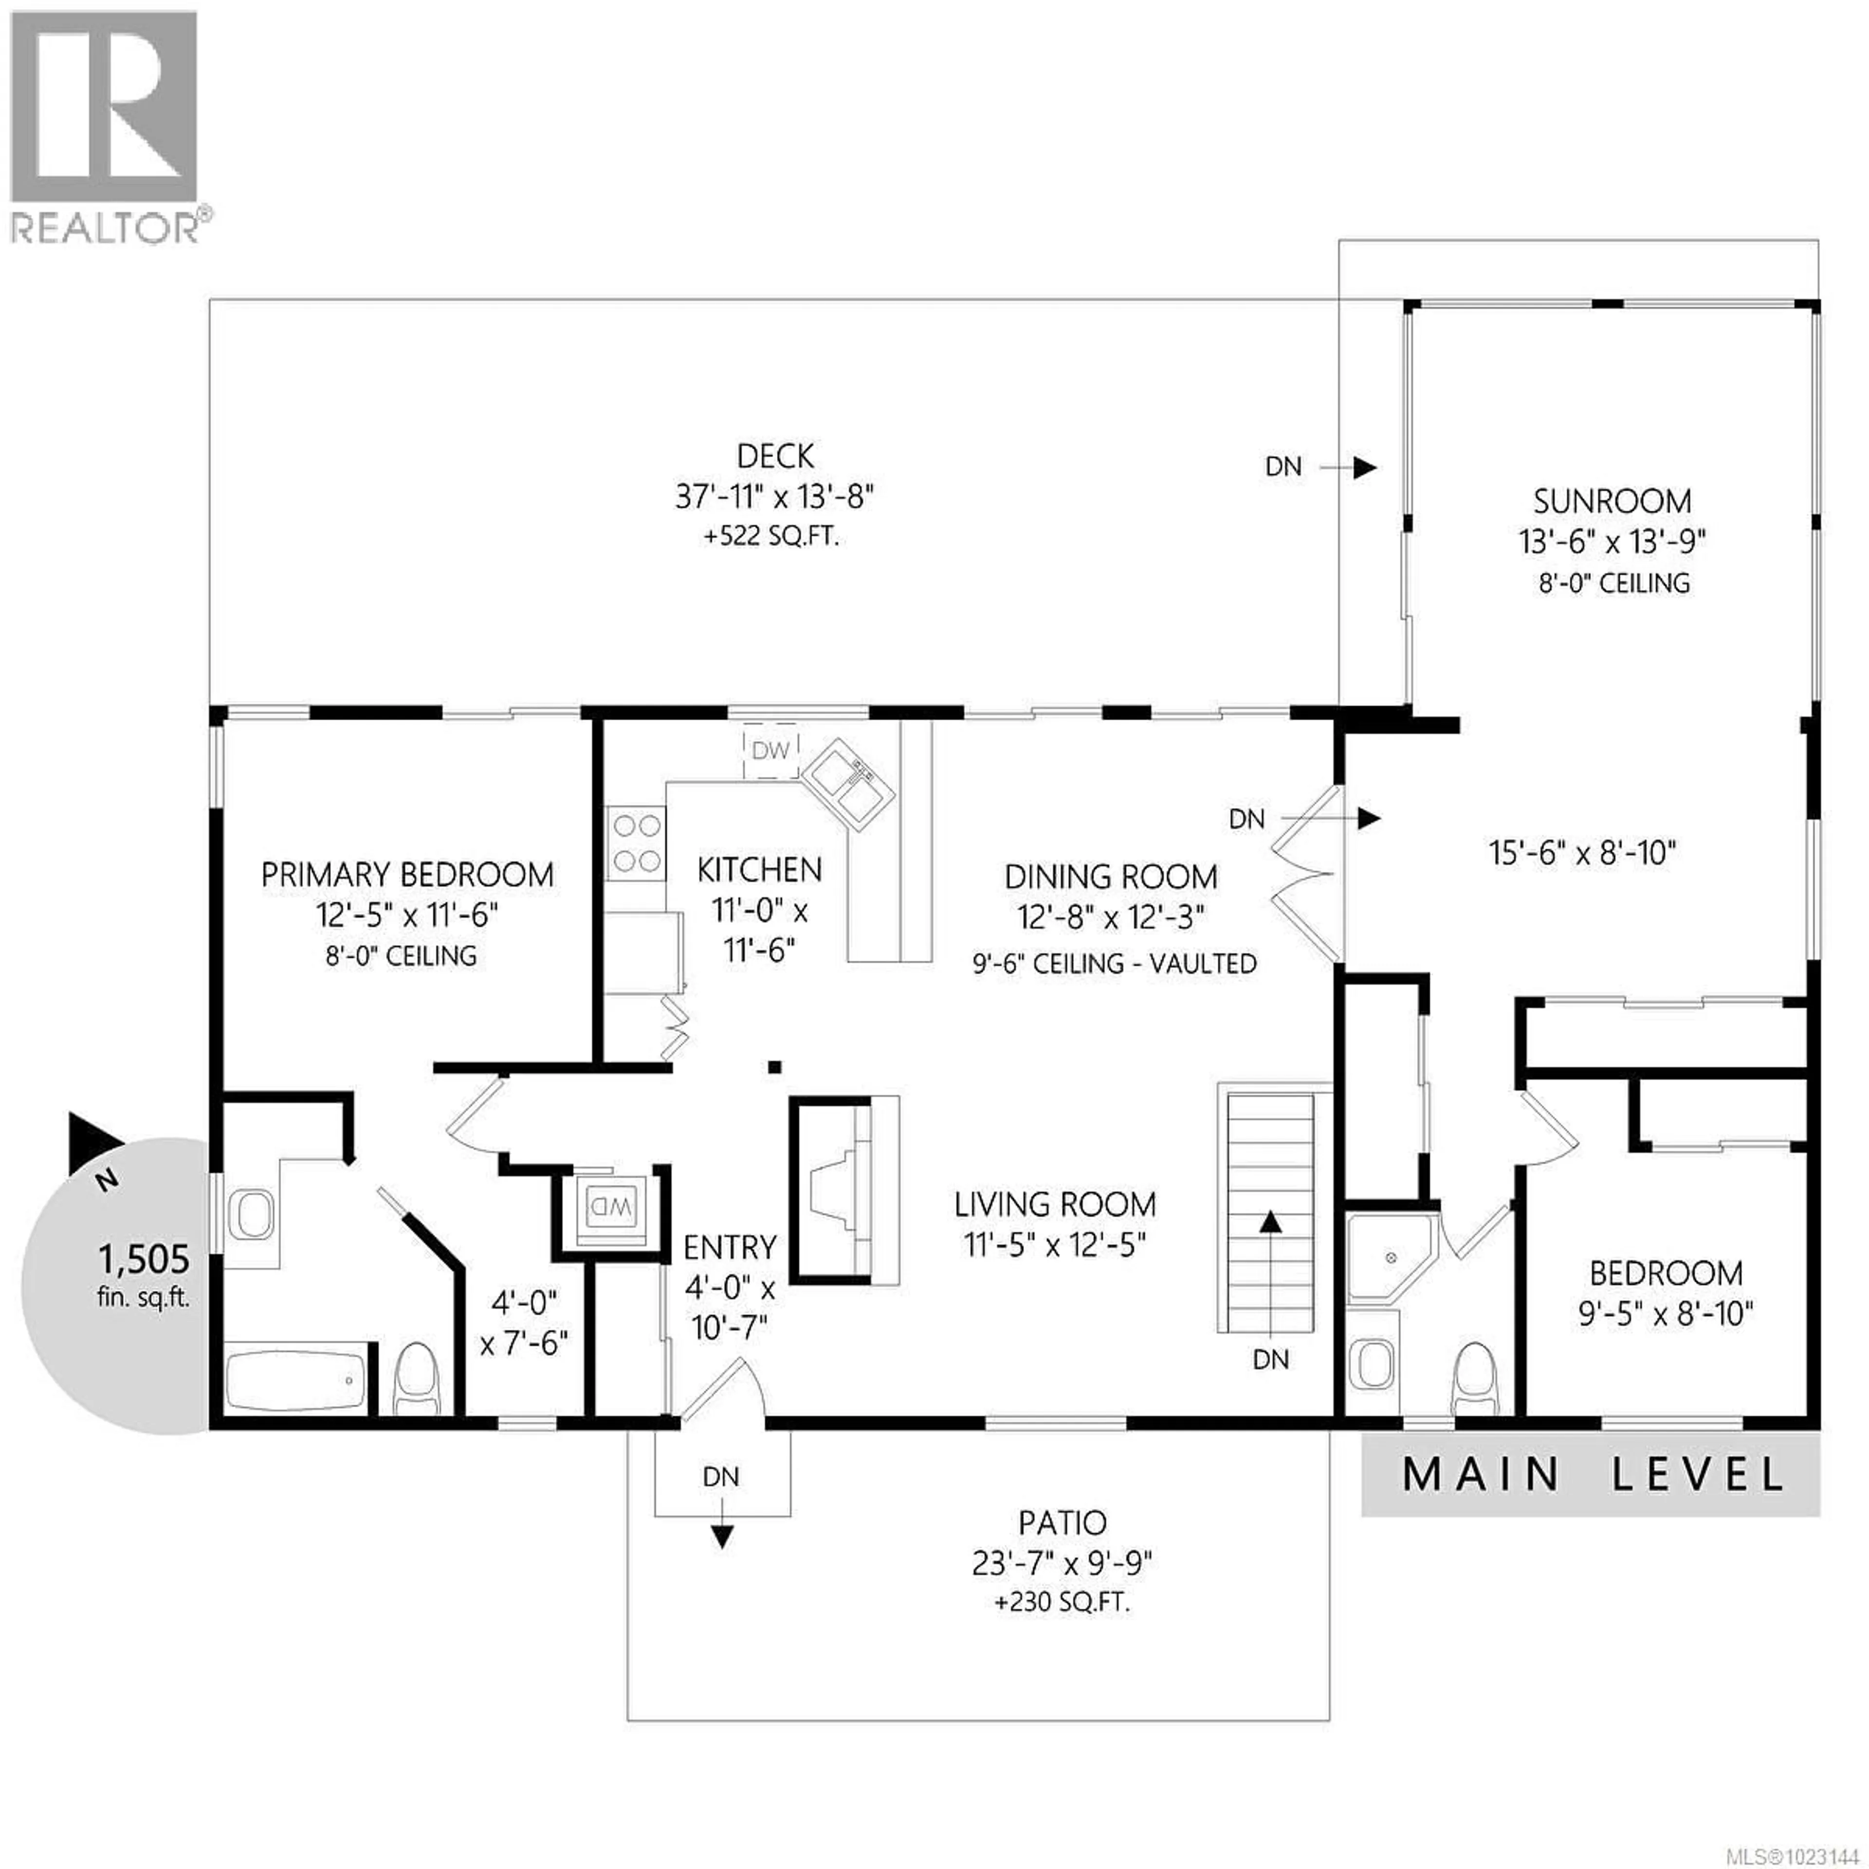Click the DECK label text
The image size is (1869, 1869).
pyautogui.click(x=775, y=456)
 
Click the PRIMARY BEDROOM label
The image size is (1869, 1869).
pyautogui.click(x=407, y=875)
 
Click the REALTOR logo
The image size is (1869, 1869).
pyautogui.click(x=105, y=126)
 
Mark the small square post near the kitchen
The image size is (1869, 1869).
pyautogui.click(x=774, y=1067)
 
